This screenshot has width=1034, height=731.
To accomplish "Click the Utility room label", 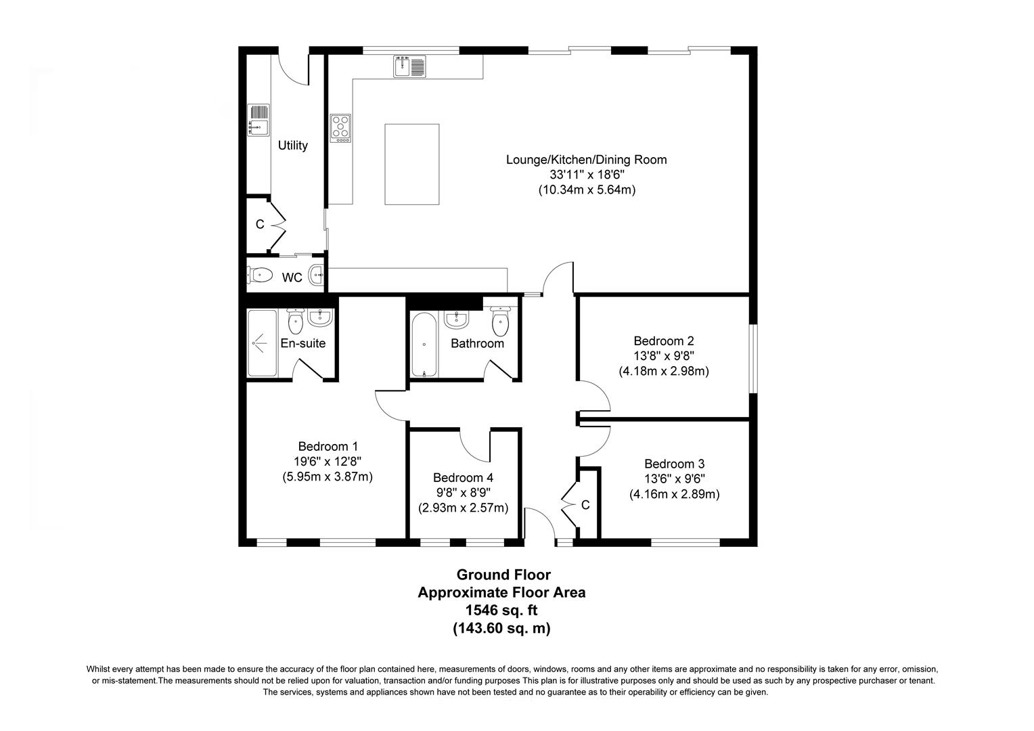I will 292,146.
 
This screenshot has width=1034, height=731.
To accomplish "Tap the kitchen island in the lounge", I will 411,164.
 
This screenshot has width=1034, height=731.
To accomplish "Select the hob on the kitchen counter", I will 340,128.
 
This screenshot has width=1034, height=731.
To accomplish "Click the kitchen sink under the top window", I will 409,66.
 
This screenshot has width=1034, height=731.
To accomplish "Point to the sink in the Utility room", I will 258,120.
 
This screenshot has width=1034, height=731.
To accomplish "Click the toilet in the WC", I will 260,275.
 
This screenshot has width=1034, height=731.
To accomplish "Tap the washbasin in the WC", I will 317,275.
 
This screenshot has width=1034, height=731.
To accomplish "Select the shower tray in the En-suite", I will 261,342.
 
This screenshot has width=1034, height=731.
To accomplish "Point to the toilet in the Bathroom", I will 500,322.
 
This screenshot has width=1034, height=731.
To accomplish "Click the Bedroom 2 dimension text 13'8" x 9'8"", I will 663,356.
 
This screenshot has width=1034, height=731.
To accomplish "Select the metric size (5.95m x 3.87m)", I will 328,477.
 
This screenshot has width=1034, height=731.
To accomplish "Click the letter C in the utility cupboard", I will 260,225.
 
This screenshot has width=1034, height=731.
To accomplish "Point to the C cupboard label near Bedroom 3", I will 585,505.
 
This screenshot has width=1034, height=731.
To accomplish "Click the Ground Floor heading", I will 503,575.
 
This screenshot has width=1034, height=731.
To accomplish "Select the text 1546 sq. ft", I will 501,611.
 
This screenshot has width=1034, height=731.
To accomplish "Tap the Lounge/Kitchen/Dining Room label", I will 586,160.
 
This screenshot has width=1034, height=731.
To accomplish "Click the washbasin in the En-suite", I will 319,317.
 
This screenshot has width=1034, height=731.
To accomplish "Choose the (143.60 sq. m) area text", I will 501,629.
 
